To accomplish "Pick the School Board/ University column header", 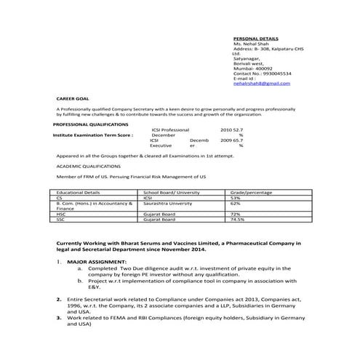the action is point(171,192).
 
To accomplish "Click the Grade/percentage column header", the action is point(251,192).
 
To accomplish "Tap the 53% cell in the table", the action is point(235,197).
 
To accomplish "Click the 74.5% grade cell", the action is point(237,219).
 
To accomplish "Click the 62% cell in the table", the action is point(235,203).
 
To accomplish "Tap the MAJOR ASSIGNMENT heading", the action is point(96,261).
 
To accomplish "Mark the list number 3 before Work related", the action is point(59,318).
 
